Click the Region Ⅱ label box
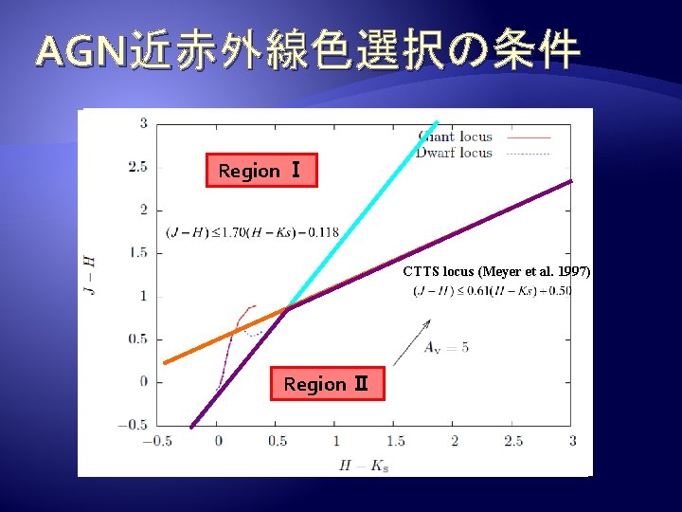(327, 384)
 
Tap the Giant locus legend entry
(455, 137)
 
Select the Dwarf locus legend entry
(455, 153)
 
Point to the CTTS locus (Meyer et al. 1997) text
(496, 271)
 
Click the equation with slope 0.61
(493, 290)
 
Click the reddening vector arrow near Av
(408, 343)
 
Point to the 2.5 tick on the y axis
(137, 167)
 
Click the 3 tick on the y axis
(143, 123)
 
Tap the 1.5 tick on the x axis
(394, 441)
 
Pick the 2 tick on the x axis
(454, 441)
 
